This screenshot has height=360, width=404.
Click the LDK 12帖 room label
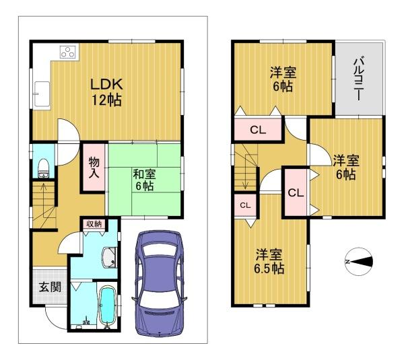[106, 92]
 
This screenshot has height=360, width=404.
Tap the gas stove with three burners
[69, 52]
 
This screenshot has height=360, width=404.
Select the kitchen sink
[42, 94]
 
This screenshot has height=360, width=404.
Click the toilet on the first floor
[43, 168]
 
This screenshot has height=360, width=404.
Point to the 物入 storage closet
[94, 168]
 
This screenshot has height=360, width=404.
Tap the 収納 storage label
[94, 224]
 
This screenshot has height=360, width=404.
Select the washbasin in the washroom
[110, 258]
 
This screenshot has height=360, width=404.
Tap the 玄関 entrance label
[50, 287]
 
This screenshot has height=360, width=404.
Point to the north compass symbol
[359, 262]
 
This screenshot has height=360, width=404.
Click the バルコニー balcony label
[358, 79]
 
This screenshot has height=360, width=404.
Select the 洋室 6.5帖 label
[269, 261]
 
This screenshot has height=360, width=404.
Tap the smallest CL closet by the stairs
[245, 205]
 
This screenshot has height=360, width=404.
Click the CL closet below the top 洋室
[258, 130]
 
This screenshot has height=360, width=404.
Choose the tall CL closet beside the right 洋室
[296, 192]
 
